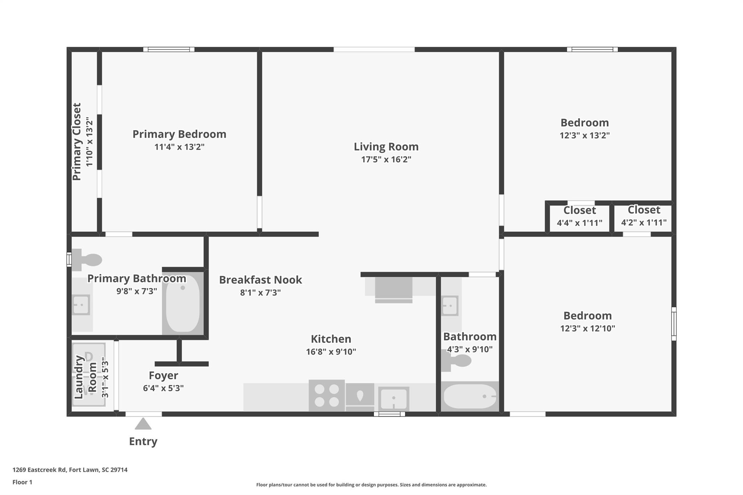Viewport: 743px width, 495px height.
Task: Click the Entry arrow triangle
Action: pos(143,424)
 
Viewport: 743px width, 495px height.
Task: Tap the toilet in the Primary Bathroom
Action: pos(87,260)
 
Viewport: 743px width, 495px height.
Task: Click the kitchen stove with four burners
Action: pos(327,395)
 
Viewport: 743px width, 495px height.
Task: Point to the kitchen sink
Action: pos(394,399)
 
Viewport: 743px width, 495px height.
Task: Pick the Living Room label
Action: pos(386,147)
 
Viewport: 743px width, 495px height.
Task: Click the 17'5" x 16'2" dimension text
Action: pos(386,159)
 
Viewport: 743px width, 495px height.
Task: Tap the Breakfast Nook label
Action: pos(260,280)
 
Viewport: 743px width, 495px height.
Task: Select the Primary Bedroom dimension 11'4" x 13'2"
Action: pos(179,147)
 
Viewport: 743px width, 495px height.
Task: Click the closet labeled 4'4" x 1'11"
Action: pos(579,216)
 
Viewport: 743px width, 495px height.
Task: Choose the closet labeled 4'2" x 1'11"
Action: pos(644,216)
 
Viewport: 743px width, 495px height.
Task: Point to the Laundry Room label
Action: pos(85,377)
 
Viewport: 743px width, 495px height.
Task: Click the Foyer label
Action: pos(163,375)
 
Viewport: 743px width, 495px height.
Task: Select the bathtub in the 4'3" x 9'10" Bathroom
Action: pos(470,396)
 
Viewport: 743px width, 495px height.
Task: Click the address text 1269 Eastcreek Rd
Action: pos(39,470)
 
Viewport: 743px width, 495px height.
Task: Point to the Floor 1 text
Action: pos(22,482)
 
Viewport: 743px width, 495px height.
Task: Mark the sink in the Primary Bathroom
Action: pos(81,305)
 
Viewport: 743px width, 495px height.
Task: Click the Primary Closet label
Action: pos(77,142)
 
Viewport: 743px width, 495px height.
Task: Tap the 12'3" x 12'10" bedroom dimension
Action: pos(587,328)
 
